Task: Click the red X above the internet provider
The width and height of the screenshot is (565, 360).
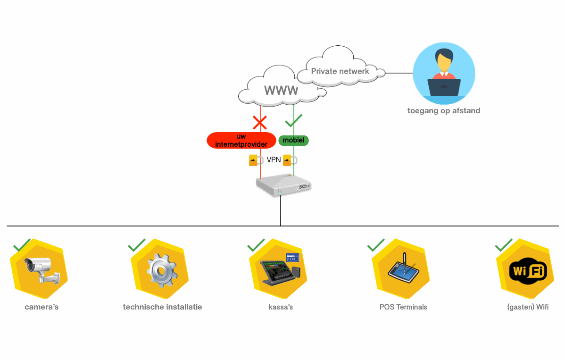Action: click(260, 123)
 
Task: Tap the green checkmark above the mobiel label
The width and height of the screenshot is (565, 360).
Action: click(294, 121)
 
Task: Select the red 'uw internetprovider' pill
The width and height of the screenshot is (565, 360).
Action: click(241, 140)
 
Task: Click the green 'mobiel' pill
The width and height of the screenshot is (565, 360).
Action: click(293, 140)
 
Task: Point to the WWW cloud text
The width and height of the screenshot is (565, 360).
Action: click(281, 90)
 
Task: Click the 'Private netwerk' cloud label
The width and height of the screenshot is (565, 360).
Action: click(340, 71)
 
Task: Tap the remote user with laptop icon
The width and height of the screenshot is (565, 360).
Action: click(444, 73)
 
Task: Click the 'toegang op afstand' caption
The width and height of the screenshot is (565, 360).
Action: click(444, 111)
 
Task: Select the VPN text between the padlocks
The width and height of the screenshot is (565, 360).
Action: click(274, 160)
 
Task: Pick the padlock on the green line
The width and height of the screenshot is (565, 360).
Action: click(288, 160)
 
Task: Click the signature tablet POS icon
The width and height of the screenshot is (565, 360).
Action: click(402, 269)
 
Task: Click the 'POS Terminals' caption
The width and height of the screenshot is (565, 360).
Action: click(403, 307)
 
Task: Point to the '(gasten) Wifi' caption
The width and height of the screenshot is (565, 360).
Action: click(528, 307)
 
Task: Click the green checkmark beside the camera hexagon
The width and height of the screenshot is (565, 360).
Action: click(22, 245)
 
